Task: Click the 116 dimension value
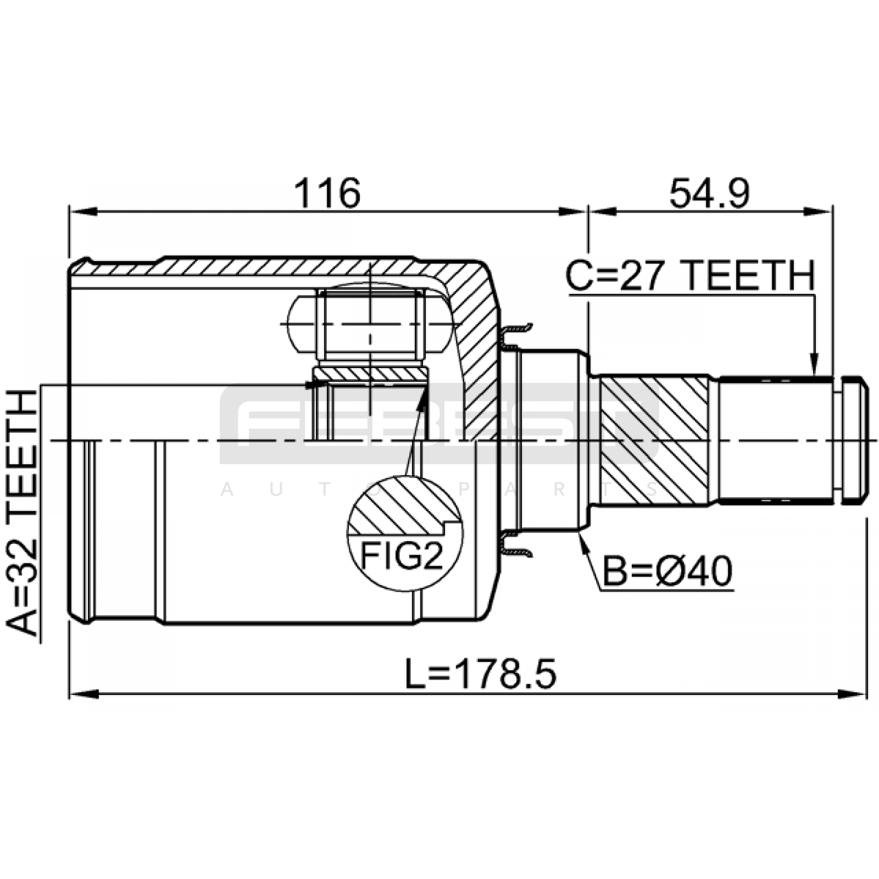pyautogui.click(x=327, y=193)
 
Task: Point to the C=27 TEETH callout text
pyautogui.click(x=691, y=276)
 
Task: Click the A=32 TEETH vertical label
pyautogui.click(x=22, y=513)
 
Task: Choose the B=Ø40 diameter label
pyautogui.click(x=667, y=571)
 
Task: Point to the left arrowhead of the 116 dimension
pyautogui.click(x=83, y=212)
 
